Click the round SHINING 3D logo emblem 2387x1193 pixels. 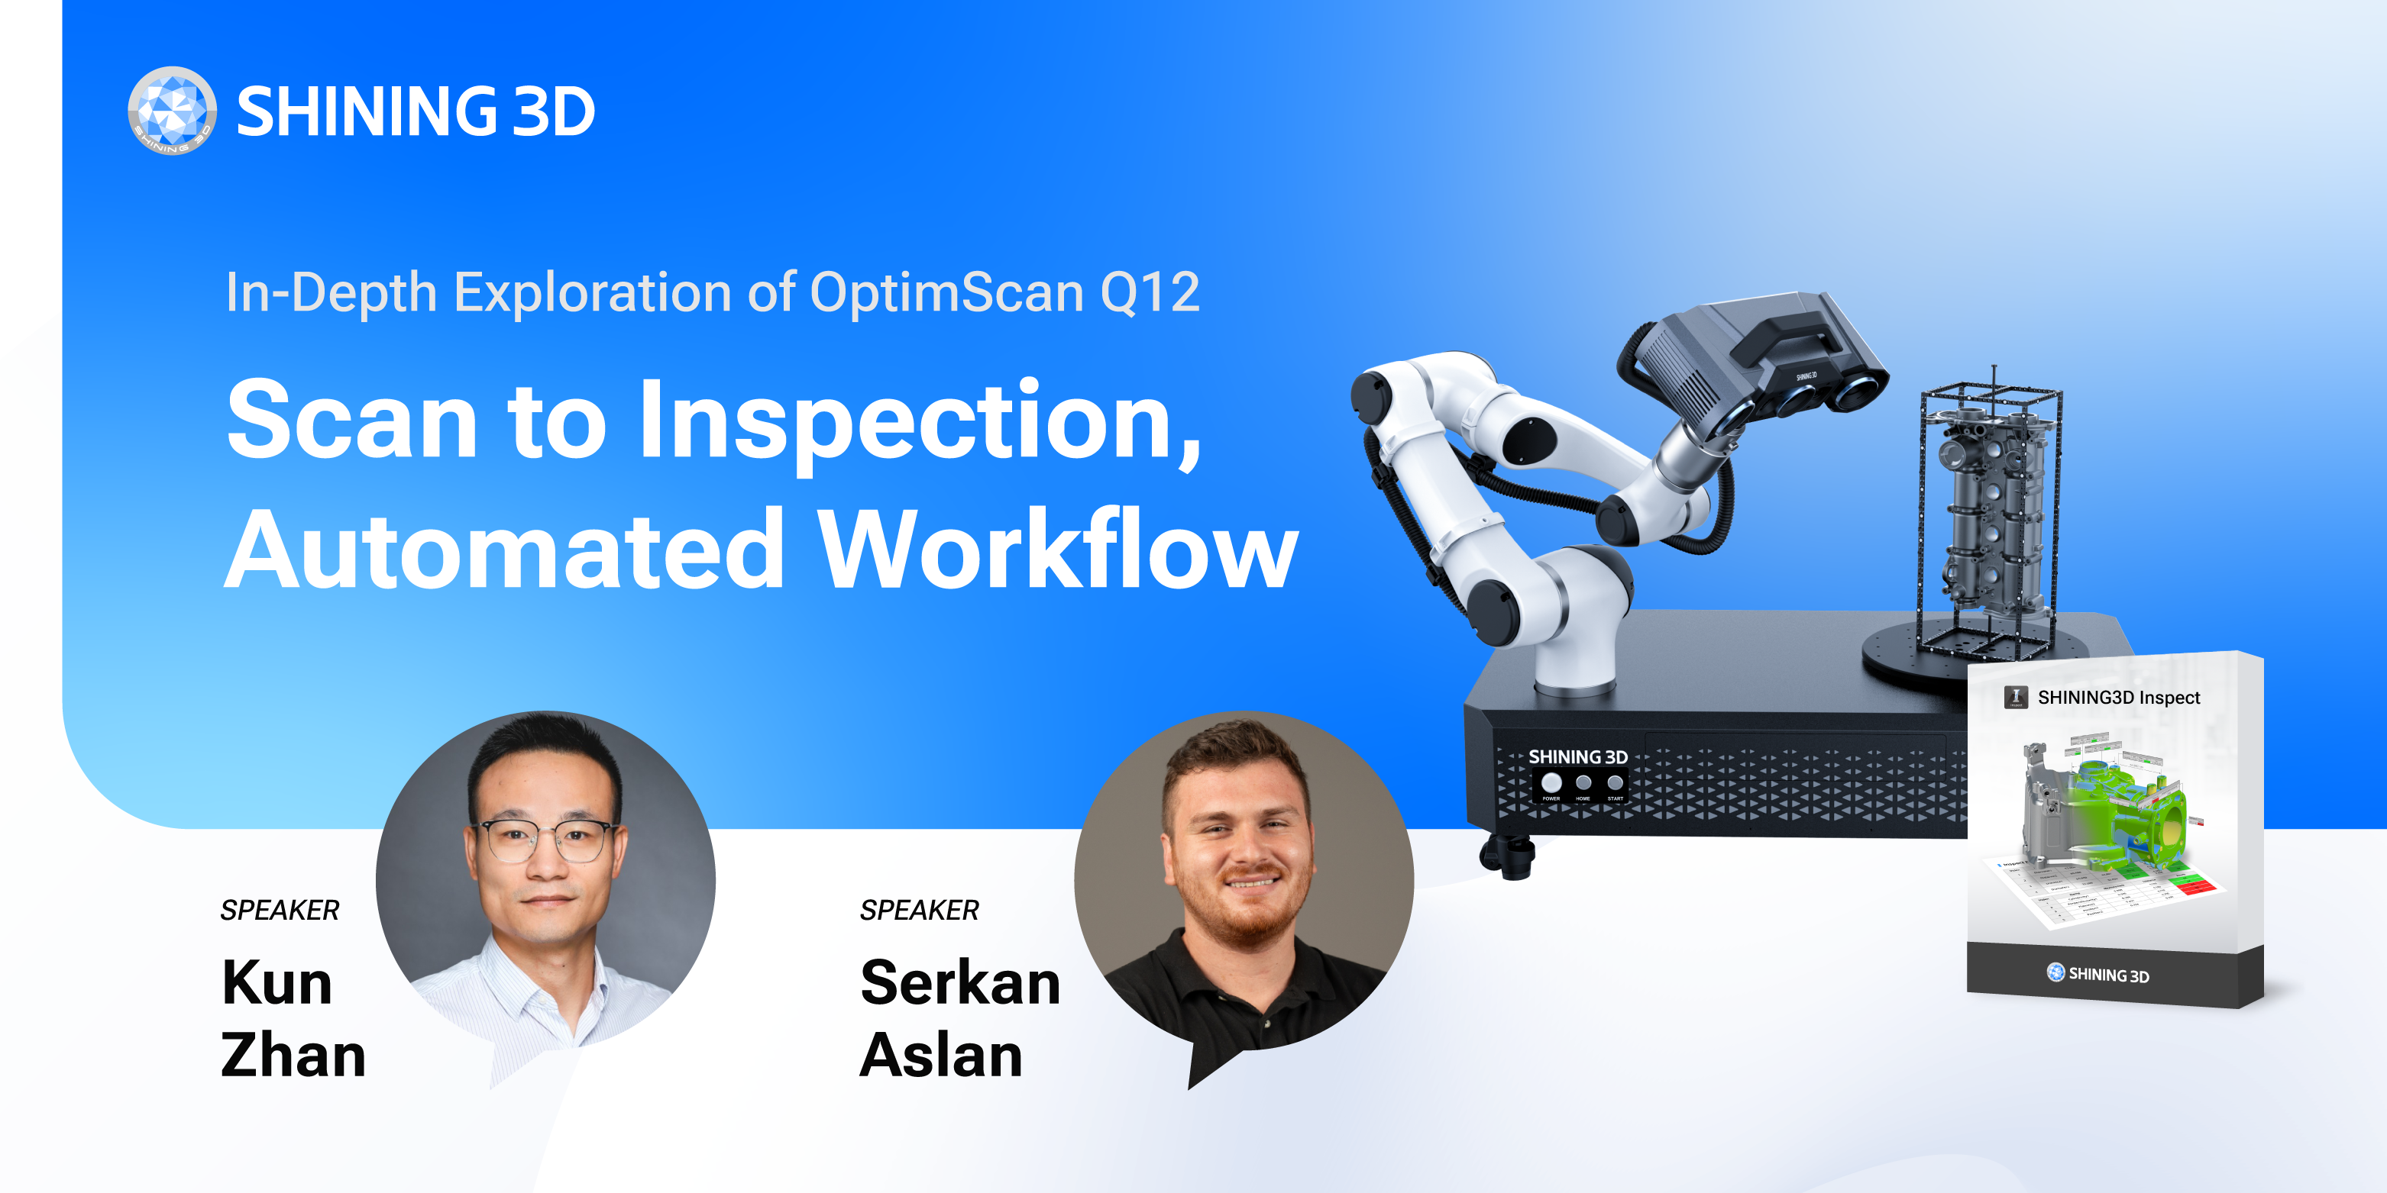point(173,110)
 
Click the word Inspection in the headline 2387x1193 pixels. point(919,421)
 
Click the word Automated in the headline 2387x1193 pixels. point(505,550)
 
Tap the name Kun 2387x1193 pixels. point(277,983)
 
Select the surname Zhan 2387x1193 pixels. point(293,1056)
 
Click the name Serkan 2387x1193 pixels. point(960,983)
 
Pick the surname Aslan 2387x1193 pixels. point(940,1056)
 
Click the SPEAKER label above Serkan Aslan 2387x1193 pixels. point(919,911)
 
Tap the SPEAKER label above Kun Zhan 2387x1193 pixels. point(280,911)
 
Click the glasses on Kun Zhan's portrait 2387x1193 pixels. point(547,839)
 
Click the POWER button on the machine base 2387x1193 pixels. point(1551,784)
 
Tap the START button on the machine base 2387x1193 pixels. point(1615,784)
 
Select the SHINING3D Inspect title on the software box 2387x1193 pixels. point(2117,698)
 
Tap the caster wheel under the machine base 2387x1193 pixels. point(1508,856)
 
